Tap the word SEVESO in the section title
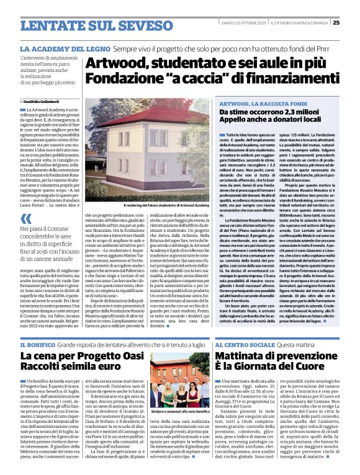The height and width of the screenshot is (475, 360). coord(128,25)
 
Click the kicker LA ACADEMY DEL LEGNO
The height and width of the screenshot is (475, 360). coord(63,48)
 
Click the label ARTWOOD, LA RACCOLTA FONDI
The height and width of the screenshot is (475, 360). coord(255,103)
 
